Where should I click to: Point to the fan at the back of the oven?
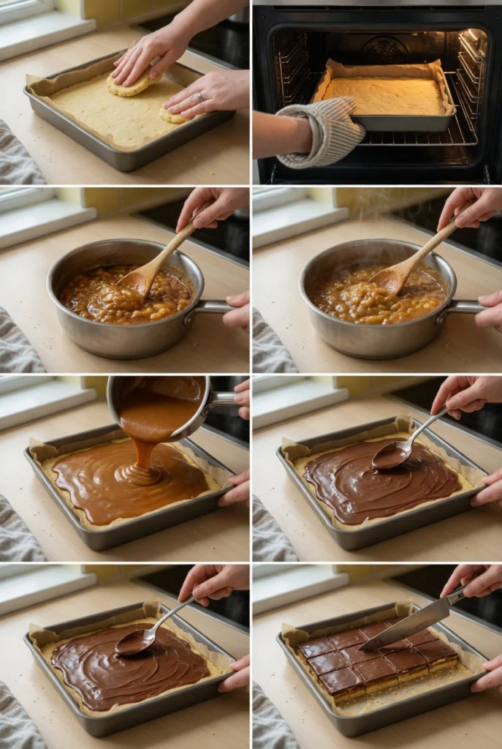[385, 50]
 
